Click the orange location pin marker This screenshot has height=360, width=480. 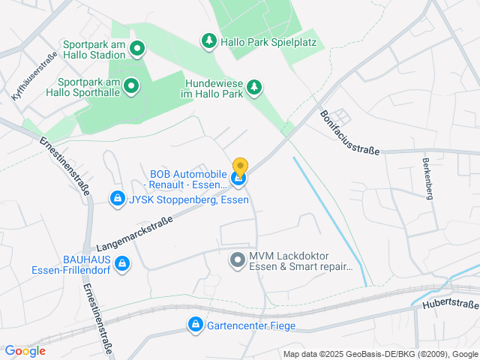pyautogui.click(x=240, y=166)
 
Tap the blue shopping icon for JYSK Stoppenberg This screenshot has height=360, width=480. pyautogui.click(x=117, y=199)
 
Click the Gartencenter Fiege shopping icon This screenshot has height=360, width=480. pyautogui.click(x=195, y=325)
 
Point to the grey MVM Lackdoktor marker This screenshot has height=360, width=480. pyautogui.click(x=237, y=260)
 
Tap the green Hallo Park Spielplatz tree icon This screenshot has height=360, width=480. pyautogui.click(x=208, y=40)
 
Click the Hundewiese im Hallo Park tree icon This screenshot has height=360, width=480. pyautogui.click(x=254, y=87)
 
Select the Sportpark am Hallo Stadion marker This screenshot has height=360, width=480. pyautogui.click(x=137, y=50)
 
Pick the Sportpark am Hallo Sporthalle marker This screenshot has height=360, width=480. pyautogui.click(x=131, y=86)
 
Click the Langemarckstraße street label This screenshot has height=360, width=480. pyautogui.click(x=135, y=232)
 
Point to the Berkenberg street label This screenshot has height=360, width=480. pyautogui.click(x=427, y=179)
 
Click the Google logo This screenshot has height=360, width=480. pyautogui.click(x=25, y=350)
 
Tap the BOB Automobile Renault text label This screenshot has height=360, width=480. pyautogui.click(x=188, y=179)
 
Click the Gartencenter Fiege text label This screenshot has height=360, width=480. pyautogui.click(x=251, y=325)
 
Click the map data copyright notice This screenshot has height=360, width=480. pyautogui.click(x=380, y=354)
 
